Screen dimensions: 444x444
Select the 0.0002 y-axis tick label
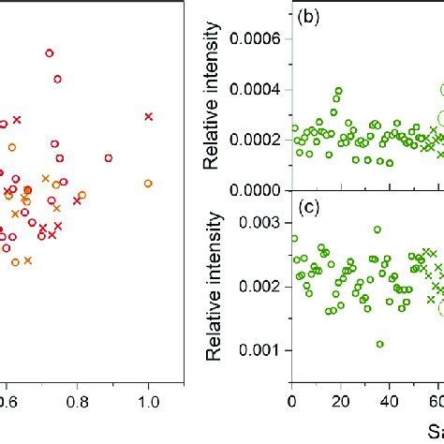254,141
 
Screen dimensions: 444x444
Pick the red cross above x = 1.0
148,116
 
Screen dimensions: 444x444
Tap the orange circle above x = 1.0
148,183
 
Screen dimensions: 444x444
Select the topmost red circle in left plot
50,53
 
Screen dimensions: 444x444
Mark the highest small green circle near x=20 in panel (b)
338,91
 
